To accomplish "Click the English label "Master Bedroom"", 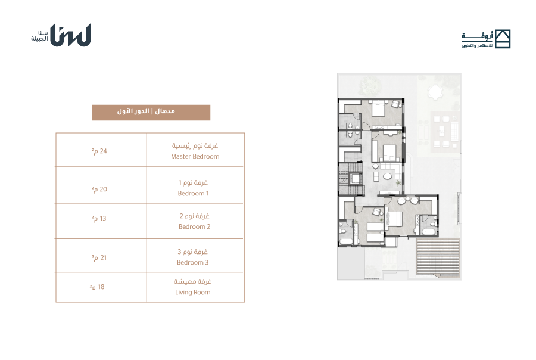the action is [x=195, y=156].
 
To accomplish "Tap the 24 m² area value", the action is [x=99, y=151].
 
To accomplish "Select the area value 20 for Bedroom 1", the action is [x=99, y=190].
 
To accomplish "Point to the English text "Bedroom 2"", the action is [x=194, y=226].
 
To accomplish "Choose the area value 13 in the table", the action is [x=99, y=218].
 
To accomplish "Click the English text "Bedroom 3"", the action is [x=192, y=262].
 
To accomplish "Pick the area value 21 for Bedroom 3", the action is [x=99, y=257].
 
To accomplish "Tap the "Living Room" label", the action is [x=193, y=292].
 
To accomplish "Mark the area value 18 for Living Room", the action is [x=97, y=287].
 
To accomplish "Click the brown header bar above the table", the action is [x=151, y=113].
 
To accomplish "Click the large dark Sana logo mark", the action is [x=70, y=35].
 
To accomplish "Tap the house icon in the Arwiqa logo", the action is [x=503, y=39].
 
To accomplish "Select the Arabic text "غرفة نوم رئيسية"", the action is [x=195, y=146].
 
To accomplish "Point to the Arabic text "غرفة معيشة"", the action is [x=193, y=282].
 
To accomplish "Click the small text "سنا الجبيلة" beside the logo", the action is [x=40, y=36].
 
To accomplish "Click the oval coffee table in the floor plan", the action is [x=388, y=176].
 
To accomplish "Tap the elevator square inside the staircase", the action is [x=356, y=179].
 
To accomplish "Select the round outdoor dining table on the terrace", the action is [x=435, y=92].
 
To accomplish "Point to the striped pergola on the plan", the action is [x=438, y=257].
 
